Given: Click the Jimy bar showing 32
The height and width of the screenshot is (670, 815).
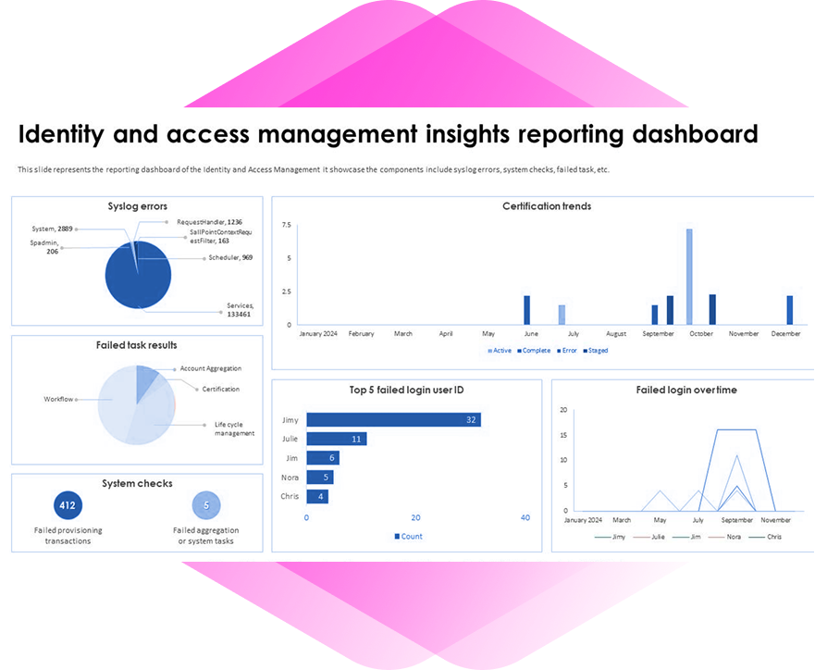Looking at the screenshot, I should click(393, 419).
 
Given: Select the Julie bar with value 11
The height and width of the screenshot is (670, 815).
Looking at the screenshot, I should click(337, 439).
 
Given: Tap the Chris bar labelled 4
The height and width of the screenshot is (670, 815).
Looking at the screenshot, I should click(316, 496).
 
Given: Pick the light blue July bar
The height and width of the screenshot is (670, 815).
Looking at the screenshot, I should click(562, 315).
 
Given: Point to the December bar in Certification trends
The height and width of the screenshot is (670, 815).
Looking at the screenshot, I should click(790, 310).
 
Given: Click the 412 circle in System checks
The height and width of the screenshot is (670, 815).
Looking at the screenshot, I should click(68, 505).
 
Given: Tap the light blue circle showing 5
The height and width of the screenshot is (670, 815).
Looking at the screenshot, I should click(206, 505).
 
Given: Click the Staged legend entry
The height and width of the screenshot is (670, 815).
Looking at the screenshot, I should click(596, 351).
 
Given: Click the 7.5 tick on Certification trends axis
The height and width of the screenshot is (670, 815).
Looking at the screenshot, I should click(287, 225).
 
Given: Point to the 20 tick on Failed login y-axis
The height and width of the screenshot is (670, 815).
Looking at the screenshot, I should click(563, 409).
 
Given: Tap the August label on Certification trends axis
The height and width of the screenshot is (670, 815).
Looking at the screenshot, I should click(616, 334).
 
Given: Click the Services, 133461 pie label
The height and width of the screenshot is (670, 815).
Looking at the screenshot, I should click(240, 310).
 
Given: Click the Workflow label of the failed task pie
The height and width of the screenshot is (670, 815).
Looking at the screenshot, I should click(57, 400).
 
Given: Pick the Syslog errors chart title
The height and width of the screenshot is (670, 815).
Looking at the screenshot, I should click(137, 205).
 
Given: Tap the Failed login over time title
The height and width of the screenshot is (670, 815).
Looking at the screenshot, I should click(686, 390).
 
